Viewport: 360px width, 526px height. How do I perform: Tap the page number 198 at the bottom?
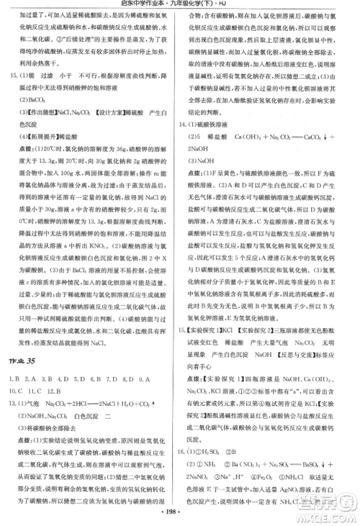pos(179,516)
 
